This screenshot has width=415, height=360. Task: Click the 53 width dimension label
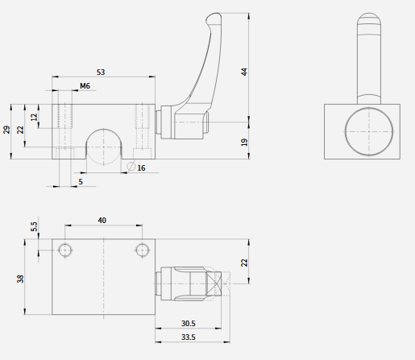101,72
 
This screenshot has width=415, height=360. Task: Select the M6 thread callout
85,86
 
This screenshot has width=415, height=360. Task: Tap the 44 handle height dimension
244,72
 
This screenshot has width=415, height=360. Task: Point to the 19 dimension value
244,142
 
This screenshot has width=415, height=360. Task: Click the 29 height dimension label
6,130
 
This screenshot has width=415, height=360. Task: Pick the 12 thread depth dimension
34,117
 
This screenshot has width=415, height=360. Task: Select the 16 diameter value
141,168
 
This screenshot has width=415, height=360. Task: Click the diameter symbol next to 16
131,166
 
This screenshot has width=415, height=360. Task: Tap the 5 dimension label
81,182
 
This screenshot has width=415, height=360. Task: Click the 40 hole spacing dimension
102,221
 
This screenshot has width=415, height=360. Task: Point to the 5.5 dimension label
34,226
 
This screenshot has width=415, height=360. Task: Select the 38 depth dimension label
20,279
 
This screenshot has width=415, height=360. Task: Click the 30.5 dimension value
189,324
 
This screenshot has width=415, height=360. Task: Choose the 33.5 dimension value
189,337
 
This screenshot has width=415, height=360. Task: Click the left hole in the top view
65,250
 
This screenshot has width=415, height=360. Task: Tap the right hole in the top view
143,250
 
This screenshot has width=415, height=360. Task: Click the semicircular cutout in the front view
104,129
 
